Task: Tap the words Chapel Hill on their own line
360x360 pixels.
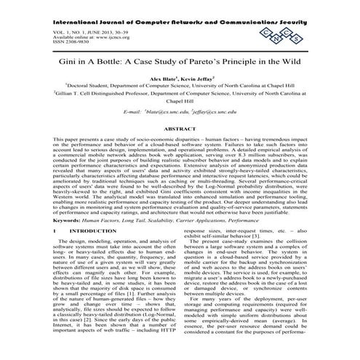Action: click(180, 103)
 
